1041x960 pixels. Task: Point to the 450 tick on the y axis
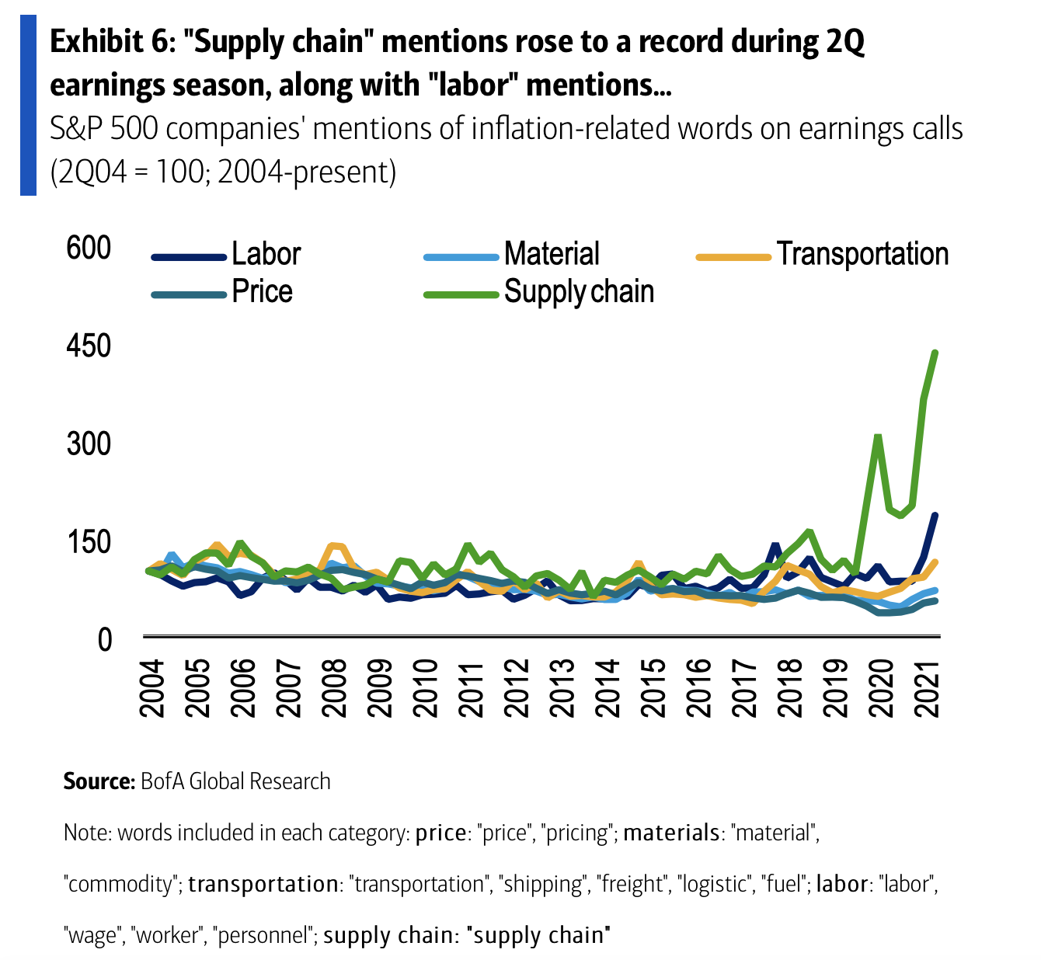coord(89,346)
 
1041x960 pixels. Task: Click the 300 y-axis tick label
coord(89,444)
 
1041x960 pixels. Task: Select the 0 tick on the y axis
coord(103,639)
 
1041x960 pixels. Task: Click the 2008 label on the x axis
coord(334,688)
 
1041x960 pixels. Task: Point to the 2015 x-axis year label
coord(654,688)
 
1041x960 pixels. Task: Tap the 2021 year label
coord(928,688)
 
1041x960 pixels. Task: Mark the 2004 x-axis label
coord(151,688)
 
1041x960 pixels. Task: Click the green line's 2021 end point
coord(935,353)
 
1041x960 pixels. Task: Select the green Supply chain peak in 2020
coord(877,437)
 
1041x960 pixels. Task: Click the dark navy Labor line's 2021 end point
coord(935,515)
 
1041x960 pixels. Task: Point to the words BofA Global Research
coord(235,781)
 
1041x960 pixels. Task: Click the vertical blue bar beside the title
coord(28,104)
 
